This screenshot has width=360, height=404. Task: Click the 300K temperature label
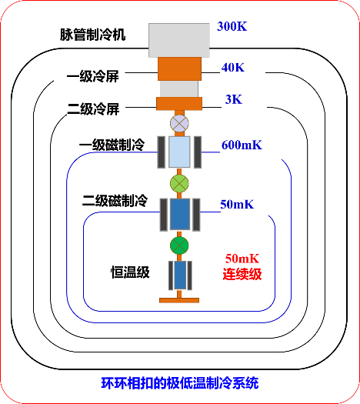(232, 26)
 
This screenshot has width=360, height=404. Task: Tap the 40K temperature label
(233, 68)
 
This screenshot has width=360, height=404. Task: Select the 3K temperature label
(234, 99)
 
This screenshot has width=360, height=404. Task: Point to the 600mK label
(242, 145)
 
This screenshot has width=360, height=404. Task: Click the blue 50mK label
(237, 205)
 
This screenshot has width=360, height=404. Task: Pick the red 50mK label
(242, 259)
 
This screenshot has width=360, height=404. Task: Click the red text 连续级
(242, 274)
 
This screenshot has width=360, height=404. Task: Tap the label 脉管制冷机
(93, 35)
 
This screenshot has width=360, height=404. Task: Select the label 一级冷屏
(93, 76)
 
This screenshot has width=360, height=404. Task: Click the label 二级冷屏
(93, 109)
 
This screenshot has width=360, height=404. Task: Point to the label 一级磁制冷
(112, 145)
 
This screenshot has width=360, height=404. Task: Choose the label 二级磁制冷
(115, 200)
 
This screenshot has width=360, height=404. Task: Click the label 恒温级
(130, 272)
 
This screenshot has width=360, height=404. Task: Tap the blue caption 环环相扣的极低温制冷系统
(180, 383)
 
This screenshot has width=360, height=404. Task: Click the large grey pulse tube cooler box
(179, 40)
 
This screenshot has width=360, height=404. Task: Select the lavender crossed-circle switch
(179, 123)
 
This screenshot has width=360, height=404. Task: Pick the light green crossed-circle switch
(179, 183)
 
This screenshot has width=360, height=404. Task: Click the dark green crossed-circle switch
(179, 245)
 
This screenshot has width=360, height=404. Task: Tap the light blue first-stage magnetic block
(179, 152)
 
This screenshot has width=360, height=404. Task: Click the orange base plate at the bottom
(179, 300)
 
